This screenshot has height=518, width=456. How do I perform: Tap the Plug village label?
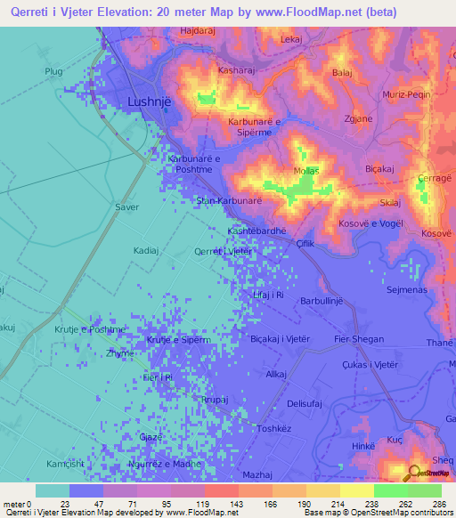coord(55,70)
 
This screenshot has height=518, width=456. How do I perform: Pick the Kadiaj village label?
coord(145,251)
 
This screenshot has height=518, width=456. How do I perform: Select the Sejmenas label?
coord(405,289)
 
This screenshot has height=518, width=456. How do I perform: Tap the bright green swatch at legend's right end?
coord(425,490)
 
